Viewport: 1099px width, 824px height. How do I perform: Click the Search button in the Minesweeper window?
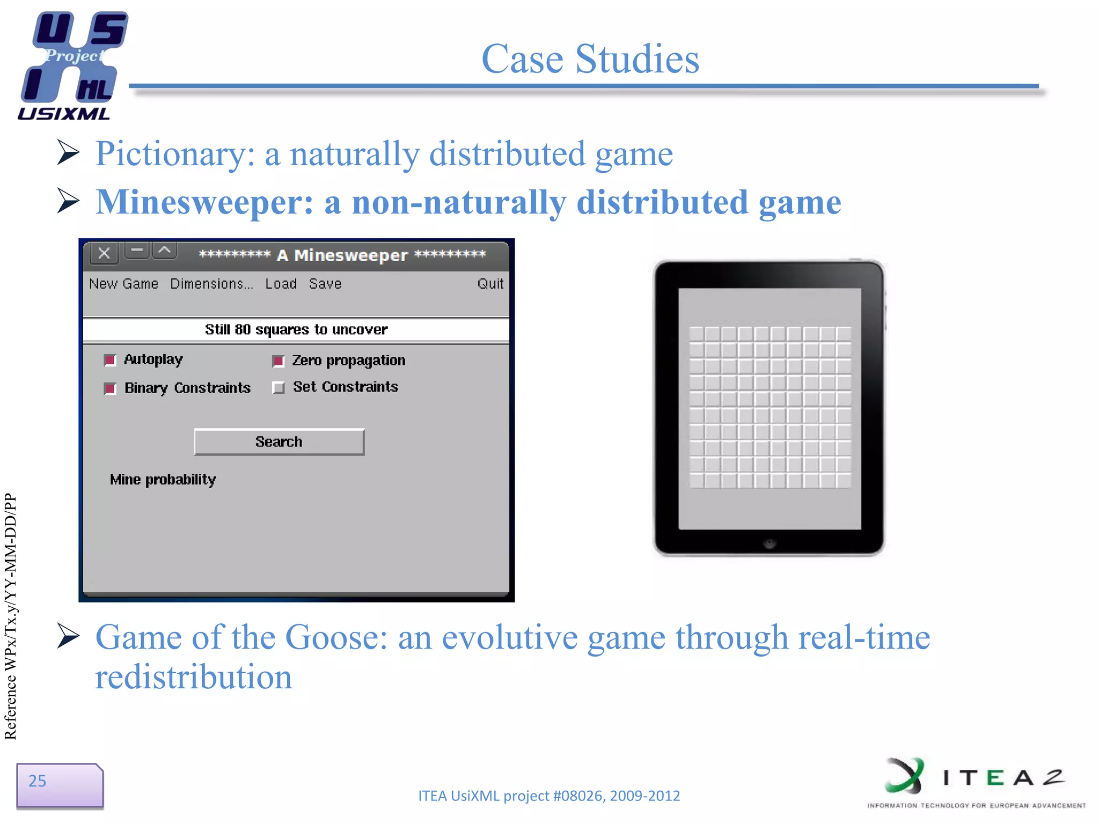pos(279,442)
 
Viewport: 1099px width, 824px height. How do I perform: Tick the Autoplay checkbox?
pos(110,360)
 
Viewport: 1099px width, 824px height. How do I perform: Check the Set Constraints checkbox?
pos(278,387)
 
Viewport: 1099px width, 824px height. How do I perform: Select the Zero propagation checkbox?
pos(278,361)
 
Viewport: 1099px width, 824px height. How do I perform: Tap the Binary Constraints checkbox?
pos(110,388)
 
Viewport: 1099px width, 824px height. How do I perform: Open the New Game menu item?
pos(123,284)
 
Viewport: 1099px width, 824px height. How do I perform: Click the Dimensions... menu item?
pos(211,284)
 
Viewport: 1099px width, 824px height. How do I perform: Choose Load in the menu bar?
pos(281,284)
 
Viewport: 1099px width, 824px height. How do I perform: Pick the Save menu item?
pos(325,284)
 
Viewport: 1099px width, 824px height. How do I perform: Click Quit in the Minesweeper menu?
pos(490,284)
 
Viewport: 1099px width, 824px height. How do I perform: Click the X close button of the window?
pos(104,253)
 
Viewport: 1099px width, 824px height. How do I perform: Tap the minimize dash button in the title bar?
pos(137,251)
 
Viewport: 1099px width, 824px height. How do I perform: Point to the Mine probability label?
pos(163,480)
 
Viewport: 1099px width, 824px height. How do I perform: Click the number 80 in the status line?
pos(243,329)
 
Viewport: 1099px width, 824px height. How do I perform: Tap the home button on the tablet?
pos(769,543)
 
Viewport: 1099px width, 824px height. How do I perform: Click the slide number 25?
pos(38,781)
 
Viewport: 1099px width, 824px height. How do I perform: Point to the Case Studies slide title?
pos(590,58)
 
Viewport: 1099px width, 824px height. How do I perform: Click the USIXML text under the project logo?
pos(63,114)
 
